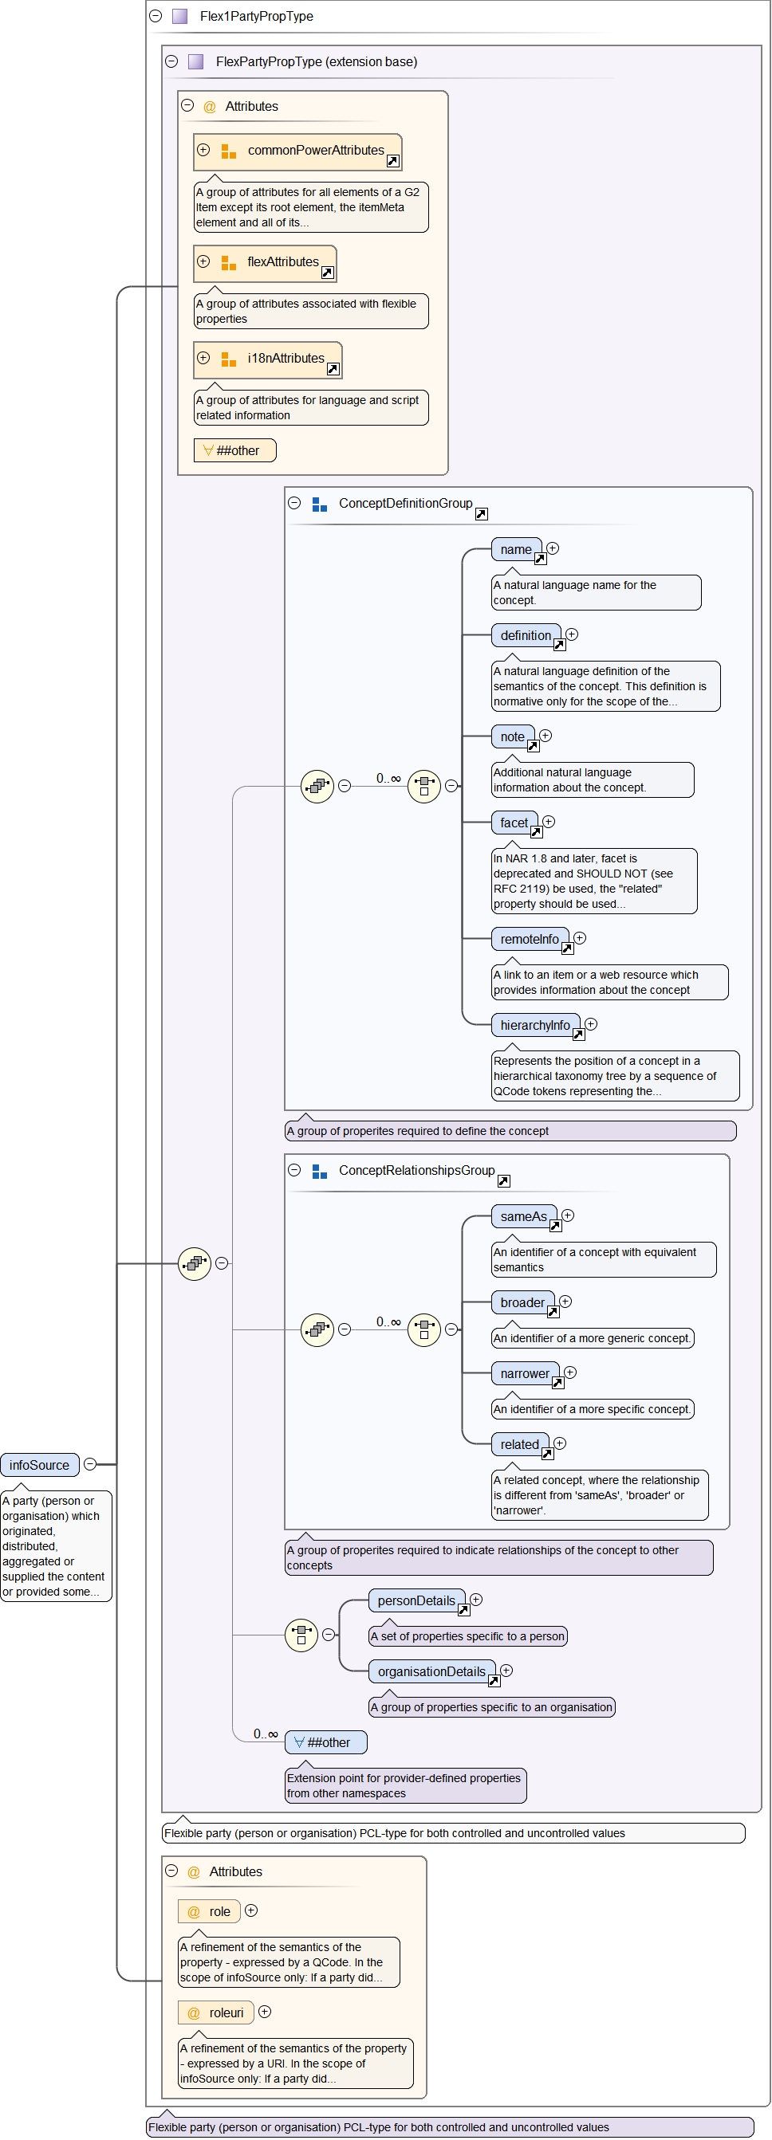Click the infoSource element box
(x=39, y=1465)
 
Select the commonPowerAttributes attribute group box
(x=297, y=151)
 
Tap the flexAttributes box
(x=264, y=262)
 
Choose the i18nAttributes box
(x=268, y=359)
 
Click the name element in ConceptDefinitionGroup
(x=515, y=549)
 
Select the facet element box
(x=514, y=823)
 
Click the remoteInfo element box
(x=530, y=939)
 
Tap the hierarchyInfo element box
(x=535, y=1025)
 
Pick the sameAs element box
(x=523, y=1216)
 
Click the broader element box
(x=522, y=1302)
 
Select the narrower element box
(x=524, y=1373)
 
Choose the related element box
(x=519, y=1445)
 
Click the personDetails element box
(x=416, y=1601)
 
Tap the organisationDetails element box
(x=431, y=1671)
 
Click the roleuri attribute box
(x=216, y=2013)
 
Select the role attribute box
(x=210, y=1911)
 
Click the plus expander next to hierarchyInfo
(x=591, y=1024)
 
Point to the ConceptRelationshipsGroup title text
(x=416, y=1171)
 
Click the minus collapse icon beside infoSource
(x=91, y=1464)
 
